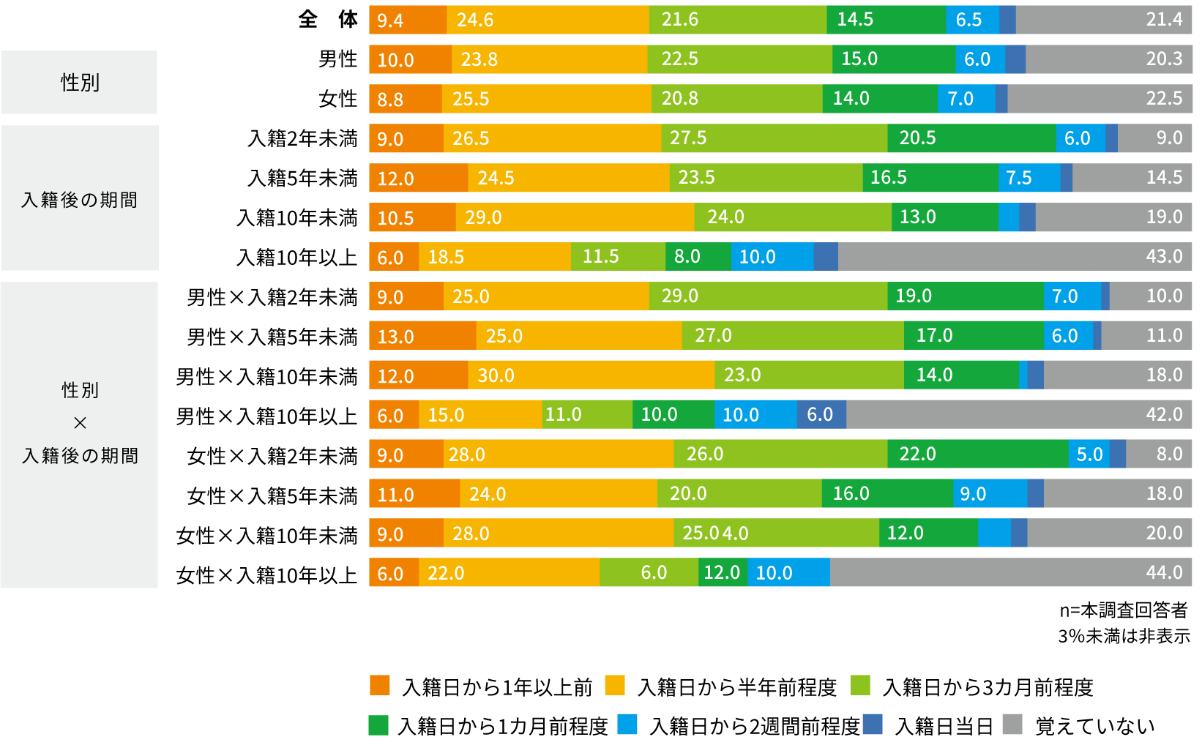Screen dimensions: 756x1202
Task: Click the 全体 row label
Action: [328, 19]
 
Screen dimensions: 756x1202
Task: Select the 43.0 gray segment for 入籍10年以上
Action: [1015, 257]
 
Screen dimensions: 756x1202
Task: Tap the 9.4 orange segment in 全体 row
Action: [408, 20]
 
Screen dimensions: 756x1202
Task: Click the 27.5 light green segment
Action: [774, 138]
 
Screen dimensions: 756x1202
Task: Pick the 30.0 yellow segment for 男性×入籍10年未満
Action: [591, 375]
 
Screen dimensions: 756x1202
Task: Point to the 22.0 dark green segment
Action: [977, 454]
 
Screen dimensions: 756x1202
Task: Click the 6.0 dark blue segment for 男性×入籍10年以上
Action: [821, 415]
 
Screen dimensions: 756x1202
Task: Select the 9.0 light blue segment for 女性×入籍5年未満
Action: [990, 494]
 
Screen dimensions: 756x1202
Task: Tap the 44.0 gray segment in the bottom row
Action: [1010, 573]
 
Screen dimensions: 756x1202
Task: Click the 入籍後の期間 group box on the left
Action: [80, 199]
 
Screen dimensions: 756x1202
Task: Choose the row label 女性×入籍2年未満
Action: [272, 456]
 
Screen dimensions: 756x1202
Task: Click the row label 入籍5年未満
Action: [302, 178]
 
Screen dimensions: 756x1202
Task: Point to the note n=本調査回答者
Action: [1124, 610]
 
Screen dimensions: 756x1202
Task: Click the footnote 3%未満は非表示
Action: [1124, 636]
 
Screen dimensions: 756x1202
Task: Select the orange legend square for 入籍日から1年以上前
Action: [380, 686]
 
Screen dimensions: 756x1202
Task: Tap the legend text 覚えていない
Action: [1095, 726]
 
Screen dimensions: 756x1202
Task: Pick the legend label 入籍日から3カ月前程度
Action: [988, 687]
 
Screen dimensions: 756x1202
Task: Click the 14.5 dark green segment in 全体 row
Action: [886, 20]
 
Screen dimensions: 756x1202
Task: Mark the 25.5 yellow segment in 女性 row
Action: [546, 99]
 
